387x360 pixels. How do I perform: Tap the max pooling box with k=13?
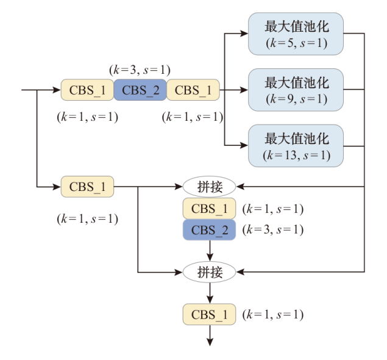pos(296,145)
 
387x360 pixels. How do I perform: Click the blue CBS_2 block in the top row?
pos(140,90)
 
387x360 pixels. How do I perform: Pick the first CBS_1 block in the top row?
pos(87,90)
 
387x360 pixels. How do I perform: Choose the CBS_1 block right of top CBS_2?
pos(193,90)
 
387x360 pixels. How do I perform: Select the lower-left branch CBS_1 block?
pos(87,186)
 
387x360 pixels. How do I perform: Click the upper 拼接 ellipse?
pos(210,186)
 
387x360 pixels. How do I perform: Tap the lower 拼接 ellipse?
pos(210,272)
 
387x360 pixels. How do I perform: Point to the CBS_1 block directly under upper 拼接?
pos(209,209)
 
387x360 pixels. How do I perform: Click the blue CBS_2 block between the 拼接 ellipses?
pos(209,230)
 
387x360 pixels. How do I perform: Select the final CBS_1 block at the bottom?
pos(209,314)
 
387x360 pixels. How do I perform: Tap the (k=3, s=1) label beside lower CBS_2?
pos(272,230)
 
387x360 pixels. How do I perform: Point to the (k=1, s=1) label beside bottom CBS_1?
pos(272,314)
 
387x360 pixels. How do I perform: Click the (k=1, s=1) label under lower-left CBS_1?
pos(87,218)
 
